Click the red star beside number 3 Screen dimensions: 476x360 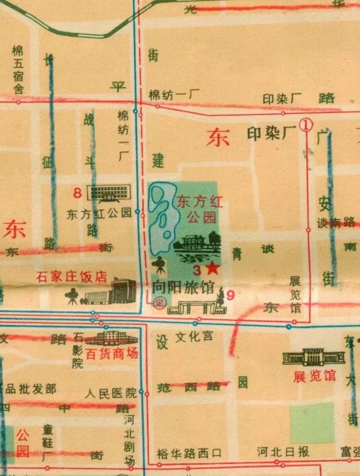[x=213, y=269]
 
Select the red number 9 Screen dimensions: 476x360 [x=231, y=295]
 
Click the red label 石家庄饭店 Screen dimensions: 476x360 [x=71, y=277]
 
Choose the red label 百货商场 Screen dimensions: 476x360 [x=112, y=353]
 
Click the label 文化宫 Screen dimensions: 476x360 [x=194, y=337]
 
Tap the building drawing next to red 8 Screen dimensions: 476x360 [x=110, y=193]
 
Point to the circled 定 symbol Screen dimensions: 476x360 [x=159, y=304]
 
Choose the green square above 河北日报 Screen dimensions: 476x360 [x=312, y=422]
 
